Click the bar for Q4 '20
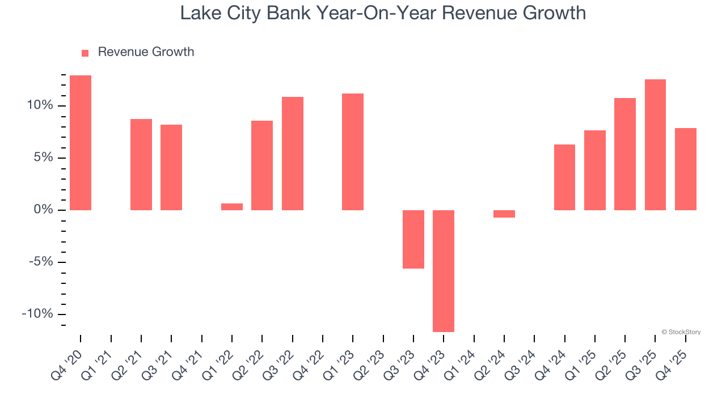point(81,143)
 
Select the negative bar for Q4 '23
point(444,271)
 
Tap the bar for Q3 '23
point(413,239)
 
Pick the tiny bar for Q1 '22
point(232,207)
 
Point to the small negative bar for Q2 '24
point(504,214)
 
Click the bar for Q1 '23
point(353,152)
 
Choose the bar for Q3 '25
point(655,144)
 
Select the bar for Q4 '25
point(686,169)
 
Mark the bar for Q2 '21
point(141,164)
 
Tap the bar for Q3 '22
point(293,154)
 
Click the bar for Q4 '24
point(564,177)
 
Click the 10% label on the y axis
point(39,105)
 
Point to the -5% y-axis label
point(39,262)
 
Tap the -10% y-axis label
point(37,314)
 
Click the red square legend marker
point(85,53)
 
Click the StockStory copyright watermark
point(681,332)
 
